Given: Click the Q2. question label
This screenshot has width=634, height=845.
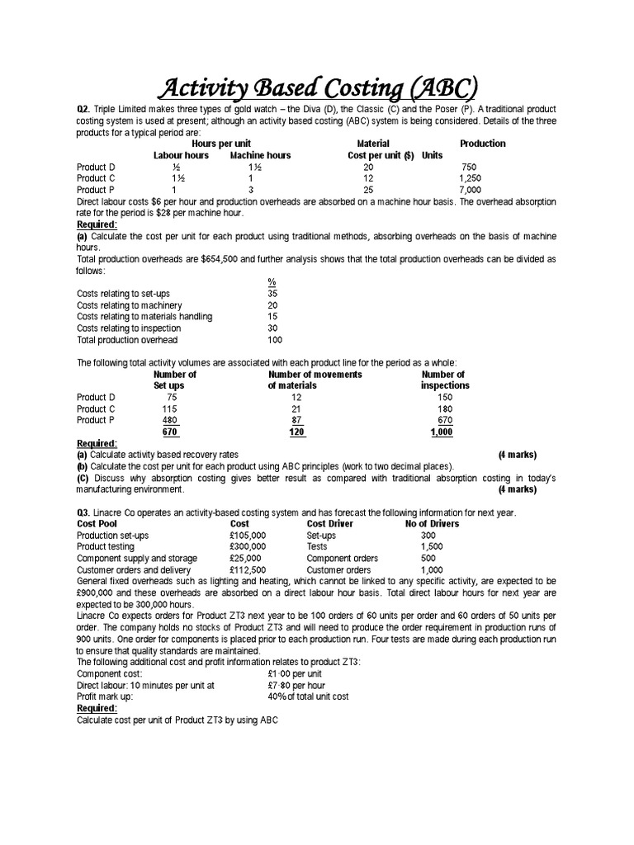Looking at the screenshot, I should (85, 110).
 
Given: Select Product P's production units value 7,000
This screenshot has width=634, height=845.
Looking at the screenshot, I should (470, 190).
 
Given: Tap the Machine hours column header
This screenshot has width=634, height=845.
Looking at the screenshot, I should (260, 155).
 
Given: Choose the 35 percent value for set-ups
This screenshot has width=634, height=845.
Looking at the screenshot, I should (272, 294).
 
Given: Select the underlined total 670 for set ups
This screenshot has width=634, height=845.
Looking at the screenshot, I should (171, 432).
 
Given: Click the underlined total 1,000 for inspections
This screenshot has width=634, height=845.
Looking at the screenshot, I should (442, 432).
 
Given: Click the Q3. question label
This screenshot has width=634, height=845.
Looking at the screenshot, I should (85, 512).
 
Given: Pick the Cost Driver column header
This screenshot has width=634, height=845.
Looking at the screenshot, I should (330, 524).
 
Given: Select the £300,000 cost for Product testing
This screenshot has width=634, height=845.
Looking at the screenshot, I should (248, 547).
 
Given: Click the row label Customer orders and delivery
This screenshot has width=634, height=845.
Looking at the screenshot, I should (134, 570).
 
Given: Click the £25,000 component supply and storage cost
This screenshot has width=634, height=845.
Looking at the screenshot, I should (245, 559).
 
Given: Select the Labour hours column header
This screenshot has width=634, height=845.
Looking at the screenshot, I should (181, 155).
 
